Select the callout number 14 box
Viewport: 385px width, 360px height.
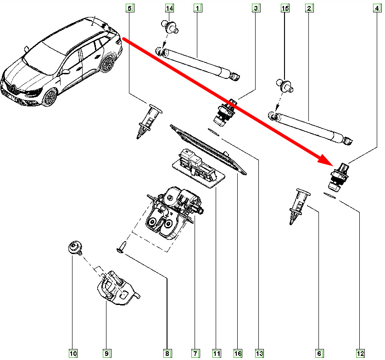pos(169,8)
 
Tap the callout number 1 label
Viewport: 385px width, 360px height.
pos(198,8)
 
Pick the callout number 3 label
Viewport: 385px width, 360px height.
pos(256,8)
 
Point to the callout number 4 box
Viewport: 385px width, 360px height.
pos(378,8)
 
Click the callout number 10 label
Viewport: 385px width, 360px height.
pos(73,354)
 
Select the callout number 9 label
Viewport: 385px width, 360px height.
pos(106,354)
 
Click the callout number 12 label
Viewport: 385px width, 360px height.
pos(360,354)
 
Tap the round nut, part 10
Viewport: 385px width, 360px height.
pos(74,248)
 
